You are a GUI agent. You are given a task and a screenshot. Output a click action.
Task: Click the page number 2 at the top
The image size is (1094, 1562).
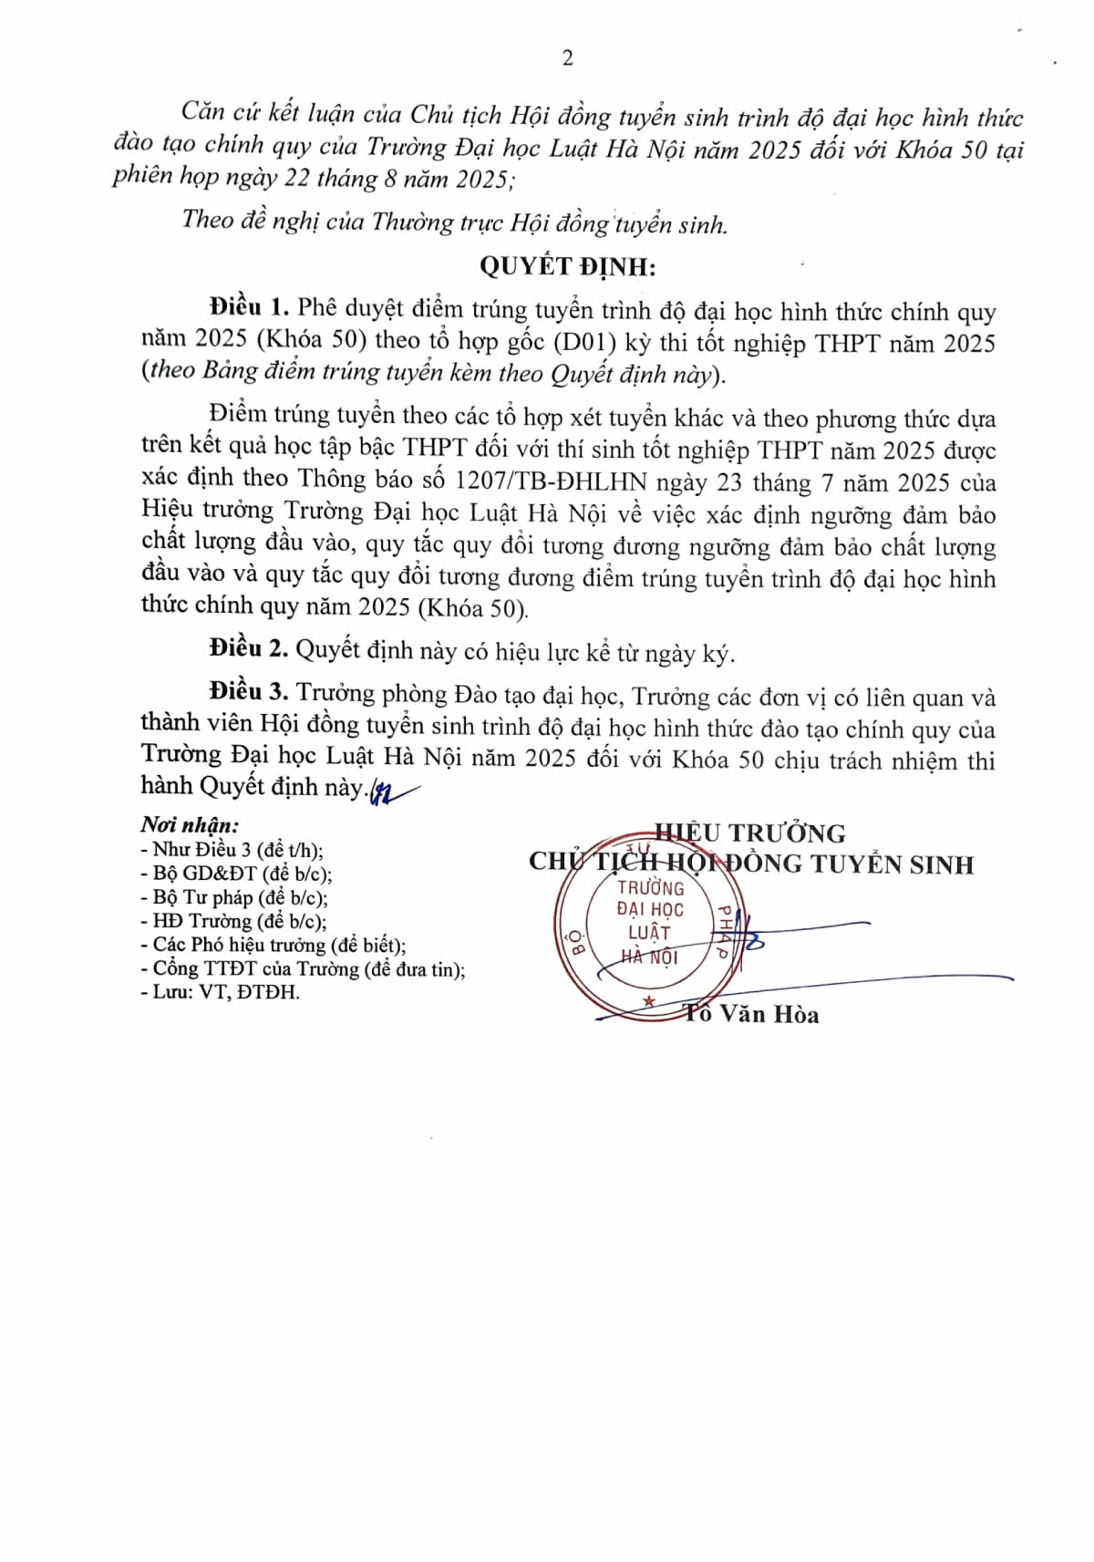(x=568, y=58)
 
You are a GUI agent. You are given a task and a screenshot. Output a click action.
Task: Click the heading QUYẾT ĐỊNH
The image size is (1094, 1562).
(x=567, y=266)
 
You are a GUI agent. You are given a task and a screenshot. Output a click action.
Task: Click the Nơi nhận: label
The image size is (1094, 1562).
(x=190, y=825)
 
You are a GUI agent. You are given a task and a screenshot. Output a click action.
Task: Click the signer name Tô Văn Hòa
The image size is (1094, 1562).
(x=753, y=1014)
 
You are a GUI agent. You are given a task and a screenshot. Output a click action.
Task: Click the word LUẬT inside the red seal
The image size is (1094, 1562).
(x=649, y=933)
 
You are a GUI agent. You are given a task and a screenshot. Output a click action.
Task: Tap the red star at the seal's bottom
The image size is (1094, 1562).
(x=649, y=1001)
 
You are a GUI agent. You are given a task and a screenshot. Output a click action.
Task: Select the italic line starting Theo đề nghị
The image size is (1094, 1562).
(x=454, y=222)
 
